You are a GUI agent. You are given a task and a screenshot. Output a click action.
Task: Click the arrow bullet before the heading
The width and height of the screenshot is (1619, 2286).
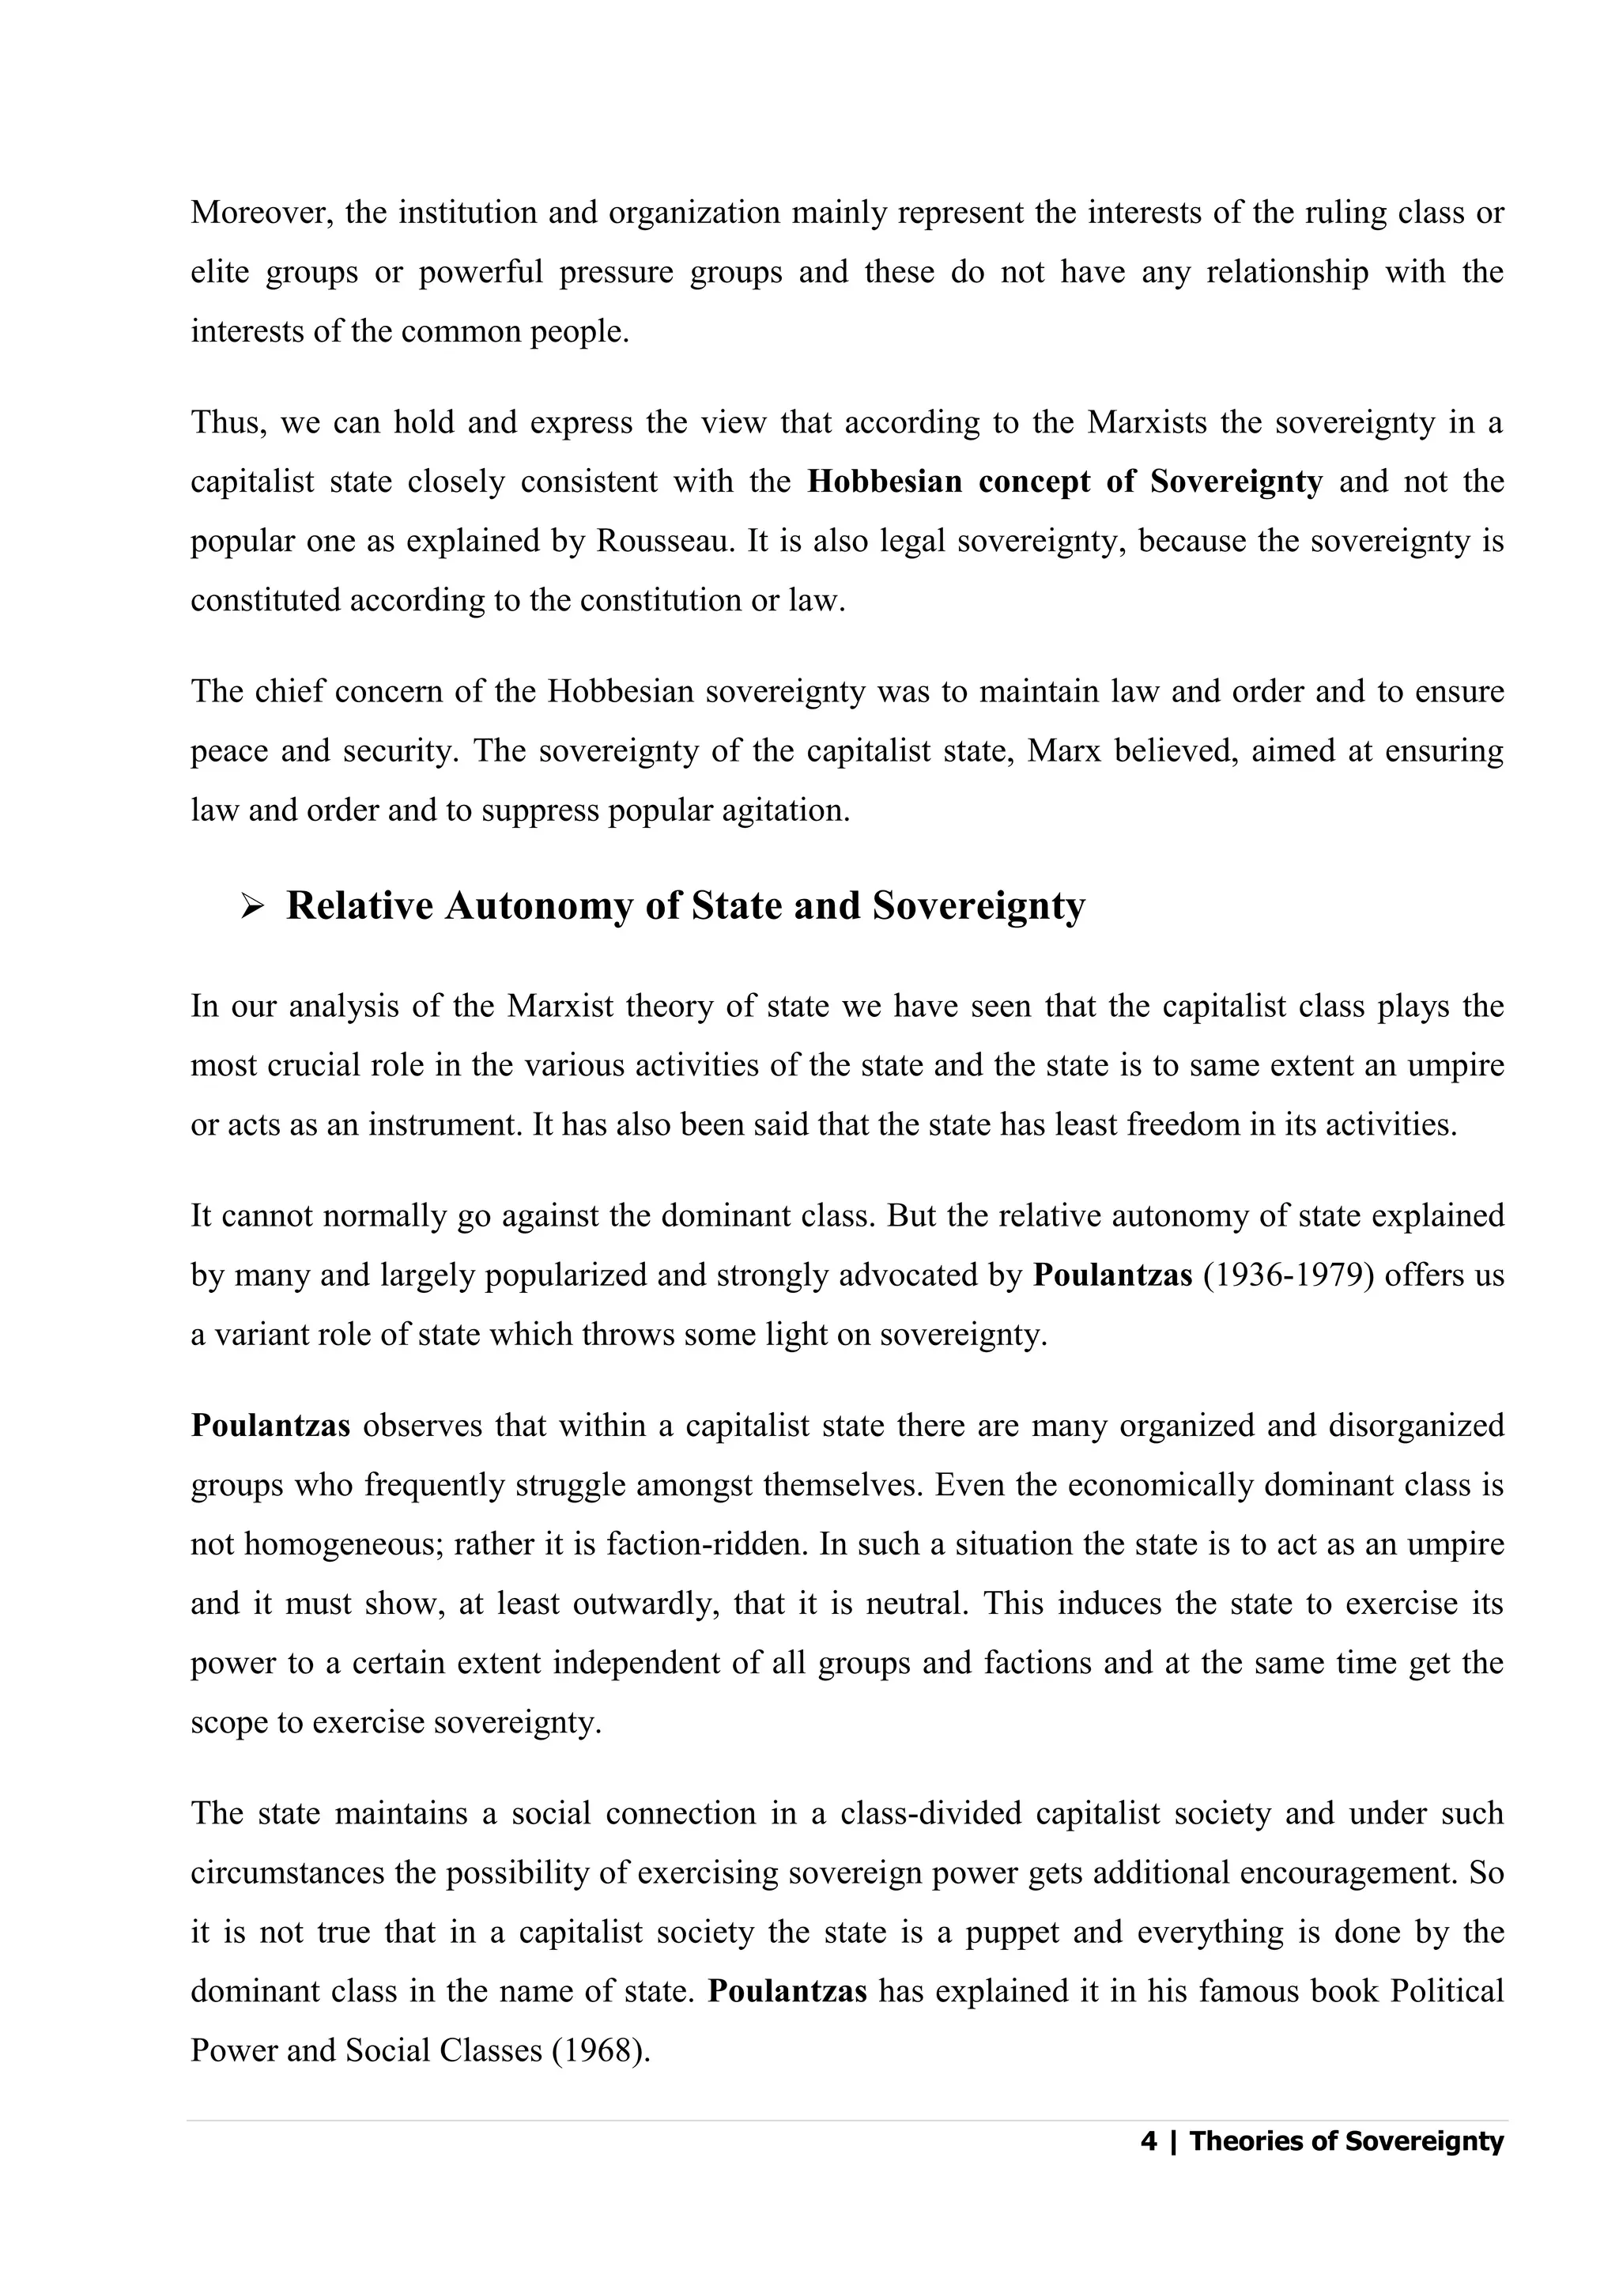[x=251, y=906]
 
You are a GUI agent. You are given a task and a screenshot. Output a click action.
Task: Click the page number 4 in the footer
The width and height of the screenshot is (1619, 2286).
[x=1149, y=2141]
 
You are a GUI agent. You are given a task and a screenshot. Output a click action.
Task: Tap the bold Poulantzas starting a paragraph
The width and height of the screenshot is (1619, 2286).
[x=270, y=1426]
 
